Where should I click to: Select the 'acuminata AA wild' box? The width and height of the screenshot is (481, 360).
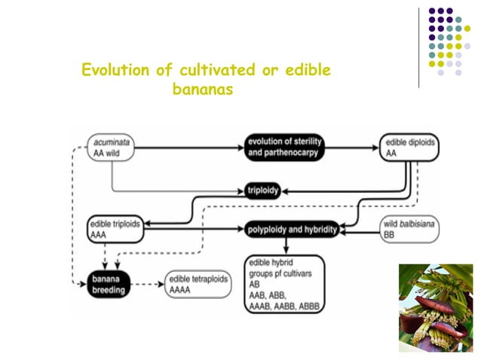[x=112, y=147]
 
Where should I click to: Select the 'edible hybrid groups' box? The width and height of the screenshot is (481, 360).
[x=285, y=287]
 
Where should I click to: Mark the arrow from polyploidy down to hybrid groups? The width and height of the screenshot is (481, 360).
[x=286, y=246]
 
